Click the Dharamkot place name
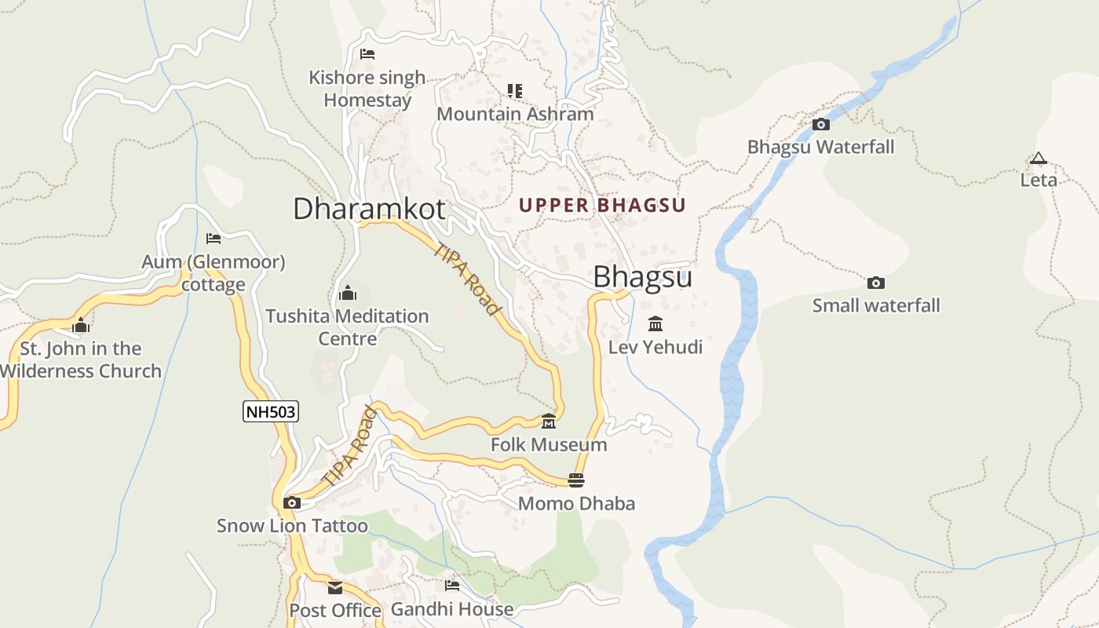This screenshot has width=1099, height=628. click(369, 209)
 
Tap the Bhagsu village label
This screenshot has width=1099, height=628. click(642, 277)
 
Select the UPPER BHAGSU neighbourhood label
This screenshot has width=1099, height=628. click(602, 206)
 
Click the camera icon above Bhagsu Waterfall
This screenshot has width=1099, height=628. click(820, 124)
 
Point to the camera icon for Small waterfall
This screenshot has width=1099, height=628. click(876, 283)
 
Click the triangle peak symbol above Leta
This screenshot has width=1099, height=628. click(1039, 159)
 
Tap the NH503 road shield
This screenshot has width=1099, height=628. click(271, 411)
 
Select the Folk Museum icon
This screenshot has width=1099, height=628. click(549, 422)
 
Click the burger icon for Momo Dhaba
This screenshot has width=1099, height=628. click(576, 480)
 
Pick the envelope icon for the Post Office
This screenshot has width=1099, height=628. click(335, 588)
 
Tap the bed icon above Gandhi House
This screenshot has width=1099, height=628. click(451, 586)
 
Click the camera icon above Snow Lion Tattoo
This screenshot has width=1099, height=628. click(292, 503)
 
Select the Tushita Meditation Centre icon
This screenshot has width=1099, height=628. click(347, 294)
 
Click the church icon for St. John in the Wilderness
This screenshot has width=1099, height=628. click(80, 326)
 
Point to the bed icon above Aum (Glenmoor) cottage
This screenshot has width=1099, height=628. click(213, 239)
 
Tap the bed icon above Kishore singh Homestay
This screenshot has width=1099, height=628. click(367, 54)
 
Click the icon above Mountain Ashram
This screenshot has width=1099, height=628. click(515, 91)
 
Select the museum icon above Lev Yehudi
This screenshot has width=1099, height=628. click(655, 323)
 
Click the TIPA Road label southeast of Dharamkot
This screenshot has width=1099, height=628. click(468, 279)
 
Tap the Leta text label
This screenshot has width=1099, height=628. click(1039, 180)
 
